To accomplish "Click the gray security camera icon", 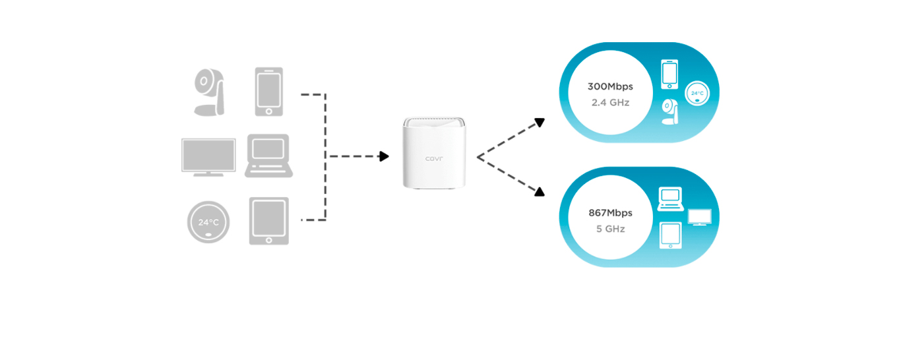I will pos(209,93).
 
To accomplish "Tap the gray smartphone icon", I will pos(268,92).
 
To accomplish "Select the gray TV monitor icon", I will pos(208,157).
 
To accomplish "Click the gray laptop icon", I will pos(268,156).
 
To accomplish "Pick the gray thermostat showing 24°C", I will pos(208,222).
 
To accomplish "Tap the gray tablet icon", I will pos(268,221).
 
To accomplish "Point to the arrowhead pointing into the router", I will pos(383,156).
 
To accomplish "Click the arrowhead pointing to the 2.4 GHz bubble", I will pos(539,123).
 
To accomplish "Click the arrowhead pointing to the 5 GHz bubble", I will pos(539,191).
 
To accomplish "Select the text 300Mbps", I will pos(609,87).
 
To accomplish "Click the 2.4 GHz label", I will pos(610,103).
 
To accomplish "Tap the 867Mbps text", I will pos(610,213).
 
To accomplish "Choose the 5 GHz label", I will pos(610,229).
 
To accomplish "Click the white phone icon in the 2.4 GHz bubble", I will pos(669,74).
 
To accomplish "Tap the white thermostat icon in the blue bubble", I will pos(697,94).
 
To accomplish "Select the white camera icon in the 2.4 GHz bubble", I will pos(670,112).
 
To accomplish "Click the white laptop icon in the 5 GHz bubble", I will pos(671,198).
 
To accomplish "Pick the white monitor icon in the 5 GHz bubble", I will pos(699,217).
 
